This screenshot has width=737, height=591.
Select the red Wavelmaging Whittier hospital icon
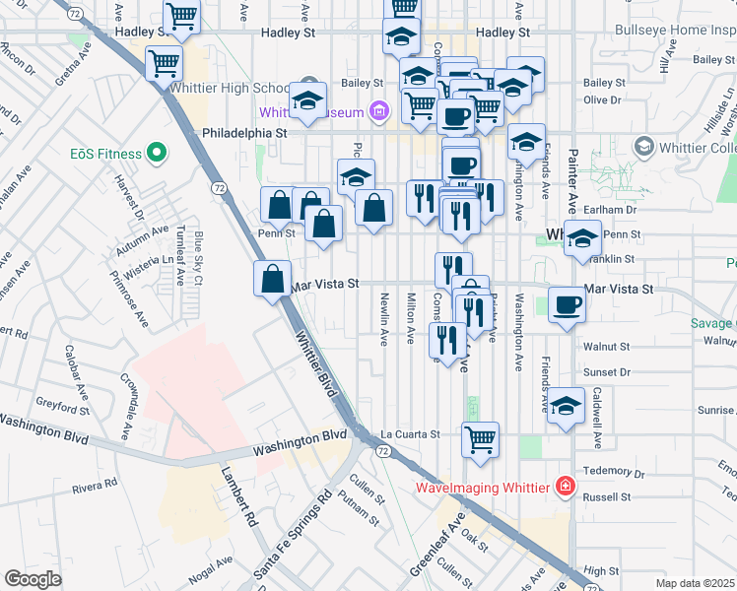(x=566, y=486)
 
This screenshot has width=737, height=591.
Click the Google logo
(x=33, y=579)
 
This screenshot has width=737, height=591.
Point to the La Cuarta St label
(x=409, y=433)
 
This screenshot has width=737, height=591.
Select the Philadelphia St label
(x=243, y=132)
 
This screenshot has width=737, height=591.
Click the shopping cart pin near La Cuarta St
(x=480, y=439)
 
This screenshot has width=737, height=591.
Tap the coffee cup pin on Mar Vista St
(x=567, y=304)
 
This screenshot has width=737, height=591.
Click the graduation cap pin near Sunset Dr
(x=566, y=406)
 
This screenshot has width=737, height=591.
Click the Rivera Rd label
(x=95, y=485)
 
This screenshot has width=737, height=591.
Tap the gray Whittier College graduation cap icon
(x=644, y=148)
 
